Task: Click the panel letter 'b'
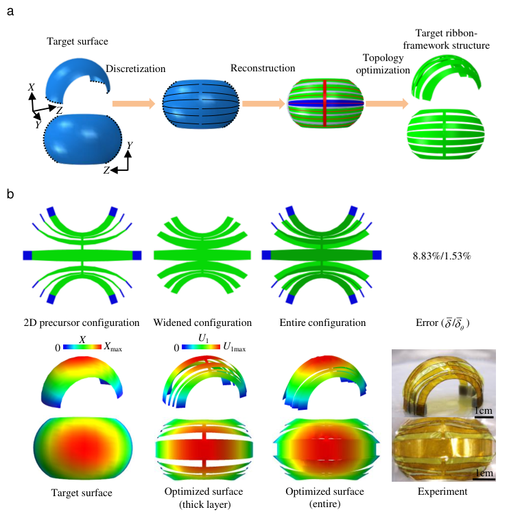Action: [10, 195]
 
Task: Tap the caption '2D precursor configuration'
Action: [82, 323]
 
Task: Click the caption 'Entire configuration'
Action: [317, 323]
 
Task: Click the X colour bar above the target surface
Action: [82, 348]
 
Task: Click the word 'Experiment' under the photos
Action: [442, 491]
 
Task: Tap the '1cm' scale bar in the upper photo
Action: [484, 414]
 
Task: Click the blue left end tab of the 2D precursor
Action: [27, 255]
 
